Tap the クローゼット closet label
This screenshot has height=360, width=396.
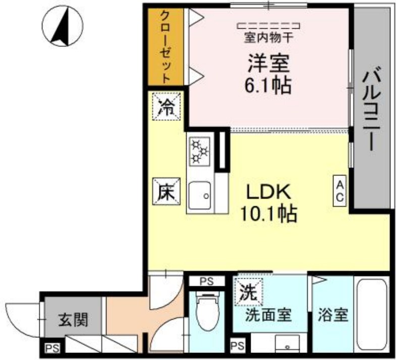(166, 46)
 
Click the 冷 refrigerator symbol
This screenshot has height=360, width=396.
(166, 107)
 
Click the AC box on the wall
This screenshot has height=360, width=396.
(340, 190)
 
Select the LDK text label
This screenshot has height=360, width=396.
(268, 193)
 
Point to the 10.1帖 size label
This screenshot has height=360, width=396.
(268, 215)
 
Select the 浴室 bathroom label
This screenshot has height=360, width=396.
(333, 316)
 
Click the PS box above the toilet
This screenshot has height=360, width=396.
(206, 281)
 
